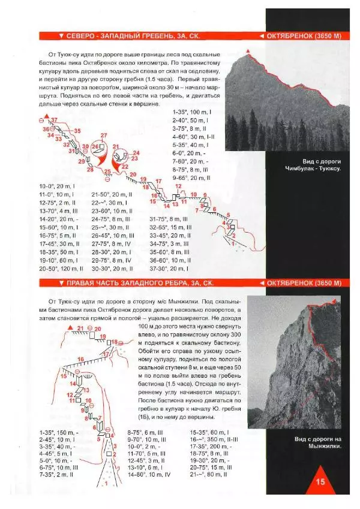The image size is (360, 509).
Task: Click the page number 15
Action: click(319, 480)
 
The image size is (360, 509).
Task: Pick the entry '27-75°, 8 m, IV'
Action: click(112, 244)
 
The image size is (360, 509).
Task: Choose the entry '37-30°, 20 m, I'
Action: click(171, 269)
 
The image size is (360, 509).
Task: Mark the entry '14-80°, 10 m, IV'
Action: click(149, 474)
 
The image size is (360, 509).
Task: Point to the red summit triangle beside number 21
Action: click(71, 329)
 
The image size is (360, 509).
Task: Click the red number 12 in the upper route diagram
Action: click(178, 187)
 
